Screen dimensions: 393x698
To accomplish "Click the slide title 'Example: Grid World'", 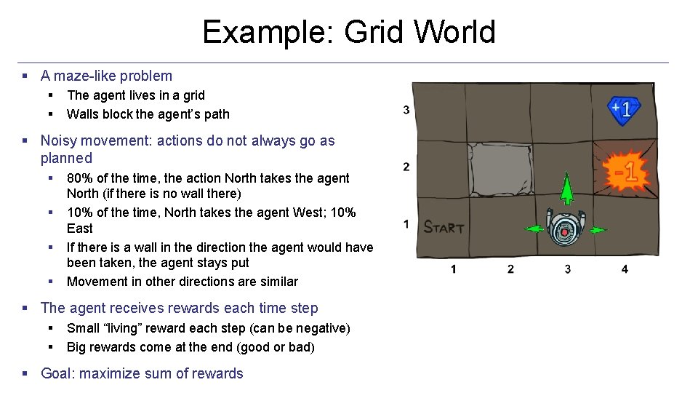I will (348, 32).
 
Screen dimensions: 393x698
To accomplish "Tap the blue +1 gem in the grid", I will (624, 110).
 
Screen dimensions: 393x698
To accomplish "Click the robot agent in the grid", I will (565, 228).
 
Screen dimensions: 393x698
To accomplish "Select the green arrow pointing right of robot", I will (598, 230).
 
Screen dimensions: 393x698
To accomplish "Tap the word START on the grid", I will (444, 227).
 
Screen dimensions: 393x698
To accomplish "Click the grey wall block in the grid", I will (499, 169).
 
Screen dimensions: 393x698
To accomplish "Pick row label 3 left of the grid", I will (406, 110).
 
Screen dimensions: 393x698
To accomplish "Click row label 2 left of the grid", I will (406, 167).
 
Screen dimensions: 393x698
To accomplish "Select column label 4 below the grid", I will (625, 269).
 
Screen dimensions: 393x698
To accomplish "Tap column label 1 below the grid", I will (453, 269).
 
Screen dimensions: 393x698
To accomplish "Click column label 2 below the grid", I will (510, 269).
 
